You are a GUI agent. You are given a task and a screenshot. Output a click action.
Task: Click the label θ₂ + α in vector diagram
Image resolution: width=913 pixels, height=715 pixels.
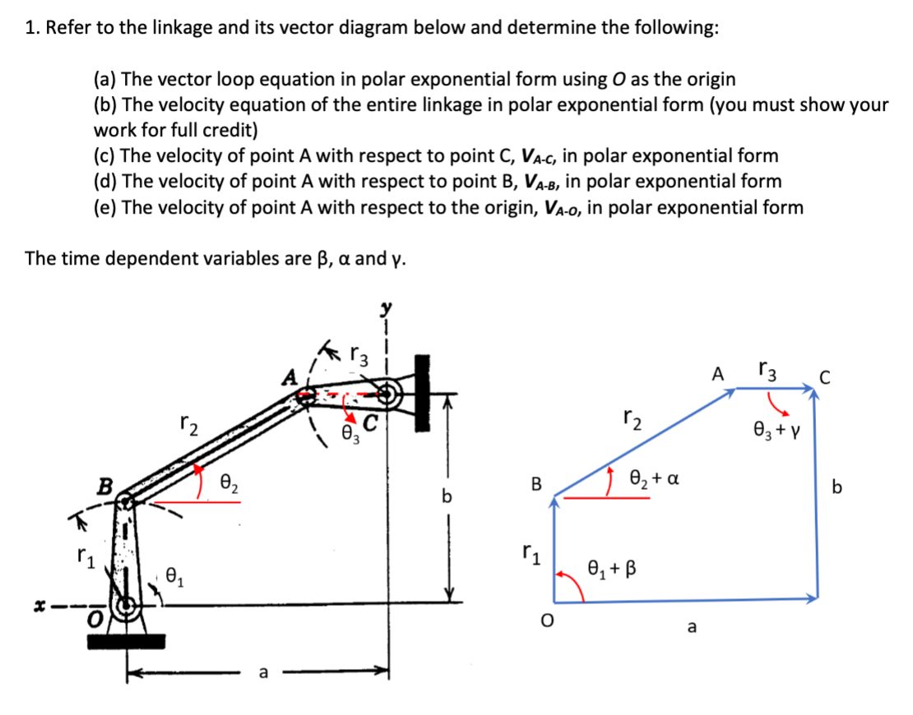click(653, 477)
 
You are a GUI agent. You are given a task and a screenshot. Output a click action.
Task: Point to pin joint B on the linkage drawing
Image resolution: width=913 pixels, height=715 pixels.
click(126, 501)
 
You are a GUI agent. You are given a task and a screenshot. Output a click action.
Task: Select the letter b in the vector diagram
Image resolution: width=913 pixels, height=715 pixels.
click(837, 487)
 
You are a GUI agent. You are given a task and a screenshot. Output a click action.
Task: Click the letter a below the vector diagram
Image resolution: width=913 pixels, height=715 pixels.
click(691, 629)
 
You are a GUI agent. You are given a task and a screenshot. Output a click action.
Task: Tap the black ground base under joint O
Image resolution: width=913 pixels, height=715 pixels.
click(127, 640)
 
